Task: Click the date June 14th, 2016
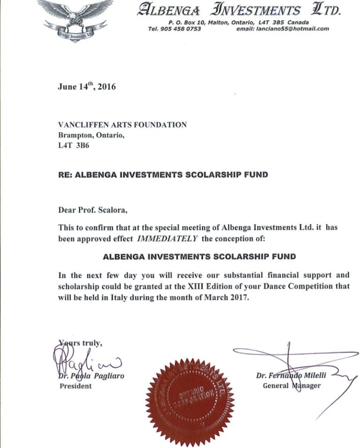click(86, 86)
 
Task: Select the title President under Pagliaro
click(75, 386)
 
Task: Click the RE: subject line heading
click(163, 175)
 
